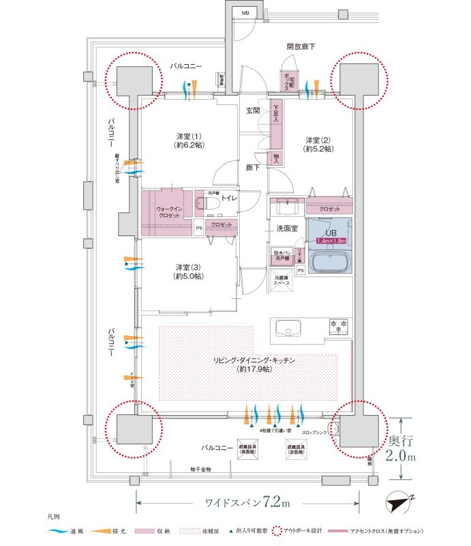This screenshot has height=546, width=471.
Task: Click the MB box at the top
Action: (245, 12)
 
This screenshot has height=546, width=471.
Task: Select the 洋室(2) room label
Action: (318, 144)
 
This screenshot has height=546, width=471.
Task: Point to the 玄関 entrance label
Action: (253, 111)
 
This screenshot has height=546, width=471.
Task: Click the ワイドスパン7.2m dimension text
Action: (248, 504)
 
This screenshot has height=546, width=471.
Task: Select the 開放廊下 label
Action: (300, 46)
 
